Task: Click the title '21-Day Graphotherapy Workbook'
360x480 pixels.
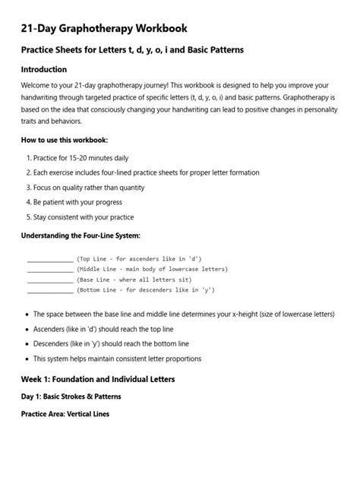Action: (103, 28)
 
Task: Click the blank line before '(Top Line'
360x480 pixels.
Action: (50, 260)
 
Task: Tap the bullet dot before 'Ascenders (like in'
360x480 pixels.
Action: (27, 329)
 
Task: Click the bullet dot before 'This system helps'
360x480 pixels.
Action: (27, 358)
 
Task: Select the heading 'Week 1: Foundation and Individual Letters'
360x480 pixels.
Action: (97, 378)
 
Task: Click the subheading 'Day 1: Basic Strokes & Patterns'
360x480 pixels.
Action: (71, 396)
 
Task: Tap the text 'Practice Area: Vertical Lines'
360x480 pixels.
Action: (65, 414)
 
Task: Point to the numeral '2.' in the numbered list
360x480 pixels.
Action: (28, 172)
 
